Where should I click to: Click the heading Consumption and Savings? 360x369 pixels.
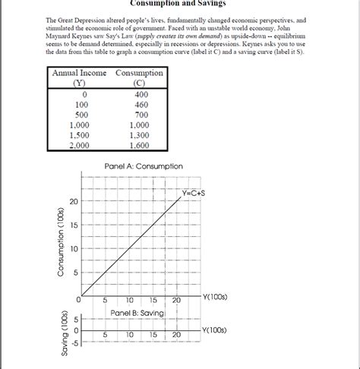pyautogui.click(x=179, y=4)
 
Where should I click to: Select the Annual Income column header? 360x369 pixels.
pyautogui.click(x=80, y=73)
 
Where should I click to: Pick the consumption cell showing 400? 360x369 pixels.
pyautogui.click(x=139, y=93)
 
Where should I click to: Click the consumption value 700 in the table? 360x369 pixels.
pyautogui.click(x=139, y=114)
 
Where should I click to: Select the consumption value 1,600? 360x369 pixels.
pyautogui.click(x=139, y=145)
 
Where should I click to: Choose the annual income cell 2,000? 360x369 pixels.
pyautogui.click(x=80, y=145)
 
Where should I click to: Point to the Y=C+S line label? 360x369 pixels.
pyautogui.click(x=193, y=193)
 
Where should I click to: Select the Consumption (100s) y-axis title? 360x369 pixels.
pyautogui.click(x=60, y=242)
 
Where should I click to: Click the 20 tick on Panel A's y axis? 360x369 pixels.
pyautogui.click(x=73, y=201)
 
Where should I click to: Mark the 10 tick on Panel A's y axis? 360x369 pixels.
pyautogui.click(x=73, y=249)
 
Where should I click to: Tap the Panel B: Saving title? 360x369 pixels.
pyautogui.click(x=137, y=312)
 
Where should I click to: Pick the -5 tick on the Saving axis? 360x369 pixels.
pyautogui.click(x=74, y=342)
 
